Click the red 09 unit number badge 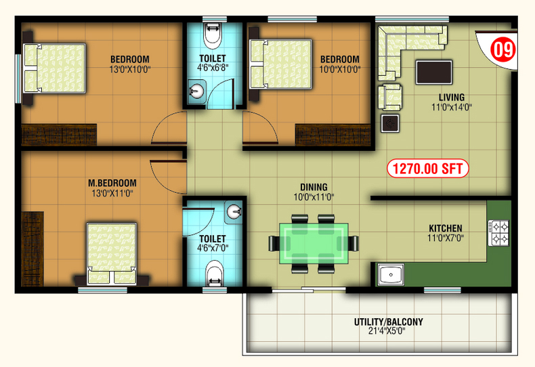tap(502, 49)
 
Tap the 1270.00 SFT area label tap(427, 169)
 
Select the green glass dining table tap(314, 243)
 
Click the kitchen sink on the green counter tap(391, 274)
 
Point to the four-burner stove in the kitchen tap(498, 233)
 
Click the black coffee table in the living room tap(433, 72)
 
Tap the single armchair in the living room tap(389, 98)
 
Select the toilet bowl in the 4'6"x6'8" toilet tap(212, 35)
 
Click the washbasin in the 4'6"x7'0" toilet tap(234, 212)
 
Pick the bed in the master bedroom tap(112, 254)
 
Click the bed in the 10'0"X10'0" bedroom tap(280, 64)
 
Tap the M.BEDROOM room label tap(112, 183)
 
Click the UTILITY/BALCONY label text tap(388, 322)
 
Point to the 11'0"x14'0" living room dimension tap(452, 108)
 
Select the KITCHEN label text tap(446, 228)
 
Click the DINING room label tap(314, 188)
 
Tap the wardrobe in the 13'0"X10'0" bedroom tap(59, 134)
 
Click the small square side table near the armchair tap(390, 123)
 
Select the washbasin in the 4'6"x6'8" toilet tap(197, 91)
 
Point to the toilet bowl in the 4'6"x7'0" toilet tap(215, 273)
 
